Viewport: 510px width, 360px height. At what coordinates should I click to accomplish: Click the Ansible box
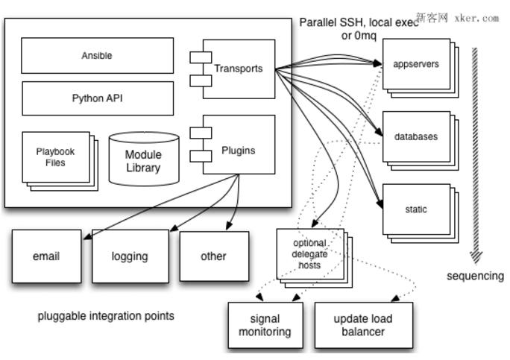pos(97,56)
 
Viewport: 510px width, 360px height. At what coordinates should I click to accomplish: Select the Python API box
pos(97,98)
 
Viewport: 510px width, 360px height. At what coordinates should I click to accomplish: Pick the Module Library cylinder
pos(143,160)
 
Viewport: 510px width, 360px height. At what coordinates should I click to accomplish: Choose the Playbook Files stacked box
pos(56,158)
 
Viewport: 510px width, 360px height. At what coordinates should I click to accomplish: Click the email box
pos(46,256)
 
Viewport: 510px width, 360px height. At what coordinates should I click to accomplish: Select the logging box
pos(130,256)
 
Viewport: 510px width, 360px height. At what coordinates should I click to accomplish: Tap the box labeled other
pos(213,256)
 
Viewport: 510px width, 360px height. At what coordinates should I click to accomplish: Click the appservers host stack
pos(416,64)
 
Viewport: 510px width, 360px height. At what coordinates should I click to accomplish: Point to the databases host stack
pos(416,137)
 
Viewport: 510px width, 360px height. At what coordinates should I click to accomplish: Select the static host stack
pos(416,209)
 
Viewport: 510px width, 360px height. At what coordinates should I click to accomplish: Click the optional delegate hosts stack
pos(309,254)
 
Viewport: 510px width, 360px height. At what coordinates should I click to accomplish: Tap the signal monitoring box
pos(265,326)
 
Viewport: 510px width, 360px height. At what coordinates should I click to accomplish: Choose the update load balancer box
pos(363,326)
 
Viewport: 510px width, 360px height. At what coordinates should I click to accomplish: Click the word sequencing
pos(475,276)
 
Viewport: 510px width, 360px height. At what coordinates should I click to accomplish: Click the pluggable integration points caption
pos(106,316)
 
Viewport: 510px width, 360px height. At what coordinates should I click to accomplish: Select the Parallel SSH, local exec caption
pos(358,23)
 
